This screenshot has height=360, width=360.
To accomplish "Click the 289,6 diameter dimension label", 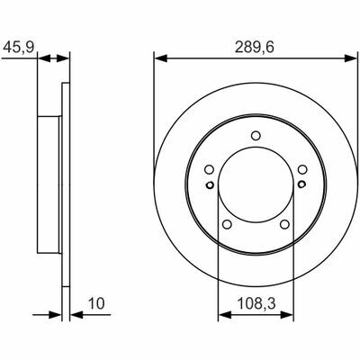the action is [254, 48].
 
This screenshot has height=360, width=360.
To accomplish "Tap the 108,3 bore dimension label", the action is [256, 303].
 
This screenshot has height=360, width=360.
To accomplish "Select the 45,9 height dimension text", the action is [19, 47].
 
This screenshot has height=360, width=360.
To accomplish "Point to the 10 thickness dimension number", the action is [96, 303].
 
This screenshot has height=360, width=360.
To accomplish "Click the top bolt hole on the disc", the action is [256, 136].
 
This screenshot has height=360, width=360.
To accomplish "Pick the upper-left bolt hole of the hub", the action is [210, 170].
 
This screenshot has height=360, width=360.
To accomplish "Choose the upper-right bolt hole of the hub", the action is [302, 170].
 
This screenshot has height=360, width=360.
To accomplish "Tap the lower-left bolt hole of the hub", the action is [227, 224].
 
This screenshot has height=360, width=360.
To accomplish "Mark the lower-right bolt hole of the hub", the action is [284, 224].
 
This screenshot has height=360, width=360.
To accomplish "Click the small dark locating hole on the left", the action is [210, 184].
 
